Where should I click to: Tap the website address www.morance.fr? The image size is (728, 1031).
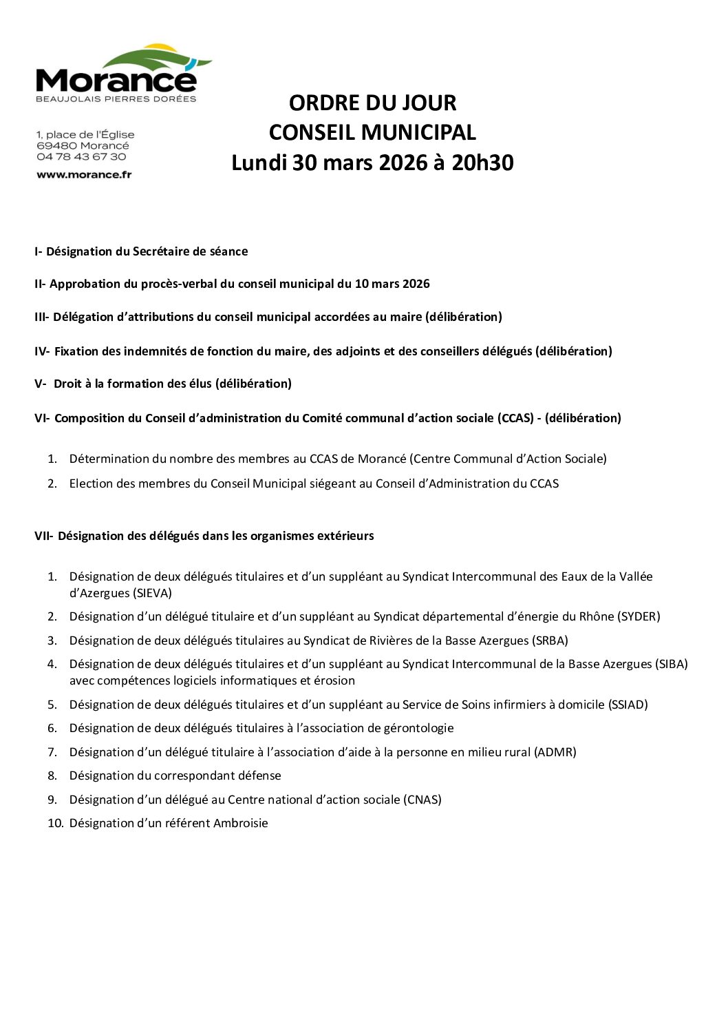tap(84, 175)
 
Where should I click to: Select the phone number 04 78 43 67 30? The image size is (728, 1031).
tap(81, 157)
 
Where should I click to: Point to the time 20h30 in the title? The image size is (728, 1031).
tap(482, 163)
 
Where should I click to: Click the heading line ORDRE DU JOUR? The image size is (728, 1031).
tap(372, 103)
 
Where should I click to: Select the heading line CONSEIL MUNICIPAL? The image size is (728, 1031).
tap(372, 132)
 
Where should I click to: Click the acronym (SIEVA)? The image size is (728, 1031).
tap(150, 593)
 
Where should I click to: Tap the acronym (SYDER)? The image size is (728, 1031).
tap(639, 616)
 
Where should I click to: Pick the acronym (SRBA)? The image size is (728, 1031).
tap(550, 641)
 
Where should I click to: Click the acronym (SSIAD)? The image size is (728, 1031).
tap(628, 705)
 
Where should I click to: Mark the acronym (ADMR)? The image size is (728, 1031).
tap(555, 752)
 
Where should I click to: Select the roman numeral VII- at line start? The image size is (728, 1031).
tap(43, 536)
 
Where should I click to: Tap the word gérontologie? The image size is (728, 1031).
tap(419, 728)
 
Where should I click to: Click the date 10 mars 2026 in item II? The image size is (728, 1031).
tap(393, 284)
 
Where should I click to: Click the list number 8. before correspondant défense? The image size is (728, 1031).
tap(52, 775)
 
